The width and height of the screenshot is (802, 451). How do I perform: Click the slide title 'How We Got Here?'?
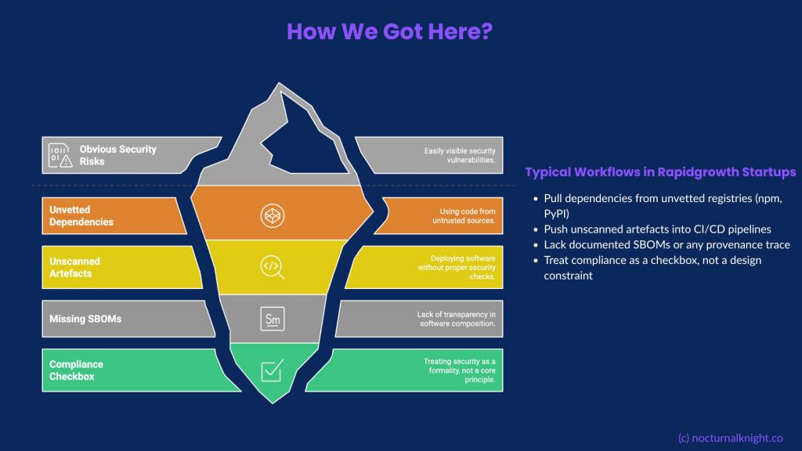(389, 31)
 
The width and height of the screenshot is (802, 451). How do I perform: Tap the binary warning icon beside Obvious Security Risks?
(60, 155)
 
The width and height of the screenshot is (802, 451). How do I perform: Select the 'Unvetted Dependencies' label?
(81, 216)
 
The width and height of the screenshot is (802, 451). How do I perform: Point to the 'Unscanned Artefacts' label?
(74, 267)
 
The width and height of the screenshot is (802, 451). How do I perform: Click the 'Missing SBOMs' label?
(85, 319)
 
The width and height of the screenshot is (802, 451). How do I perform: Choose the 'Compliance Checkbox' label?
(76, 370)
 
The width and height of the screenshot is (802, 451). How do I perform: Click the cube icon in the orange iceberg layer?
(272, 215)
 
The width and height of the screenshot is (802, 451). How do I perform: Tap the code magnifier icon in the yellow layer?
(272, 267)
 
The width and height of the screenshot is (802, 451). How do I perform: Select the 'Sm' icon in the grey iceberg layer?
(272, 319)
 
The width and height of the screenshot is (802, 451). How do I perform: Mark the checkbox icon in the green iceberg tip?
(272, 370)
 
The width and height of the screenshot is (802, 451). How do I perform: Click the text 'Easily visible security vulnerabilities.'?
(460, 155)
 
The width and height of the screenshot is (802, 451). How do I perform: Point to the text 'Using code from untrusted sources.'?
(464, 216)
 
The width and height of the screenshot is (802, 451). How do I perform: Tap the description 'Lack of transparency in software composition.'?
(457, 319)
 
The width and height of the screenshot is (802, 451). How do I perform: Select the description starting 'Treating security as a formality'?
(459, 370)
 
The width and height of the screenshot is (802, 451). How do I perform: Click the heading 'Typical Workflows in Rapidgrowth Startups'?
(660, 171)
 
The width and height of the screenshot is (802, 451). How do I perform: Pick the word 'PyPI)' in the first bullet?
(557, 213)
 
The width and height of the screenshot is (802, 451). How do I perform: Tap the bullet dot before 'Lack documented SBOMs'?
(536, 245)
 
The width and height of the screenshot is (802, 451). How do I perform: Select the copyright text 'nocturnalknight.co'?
(737, 438)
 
